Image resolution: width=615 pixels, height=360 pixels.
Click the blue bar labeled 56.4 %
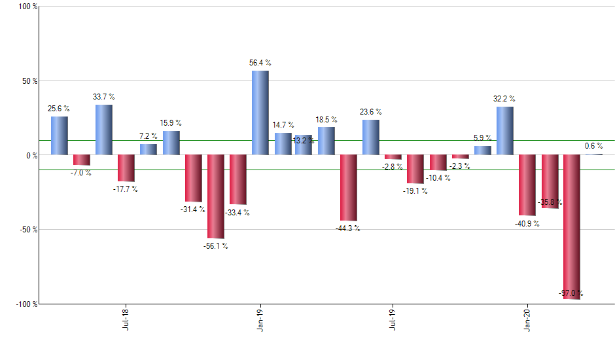coord(260,113)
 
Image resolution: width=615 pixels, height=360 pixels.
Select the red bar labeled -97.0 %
coord(571,226)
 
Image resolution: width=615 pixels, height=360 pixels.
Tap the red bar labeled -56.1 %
coord(215,196)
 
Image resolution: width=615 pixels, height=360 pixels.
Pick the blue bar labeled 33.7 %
coord(103,130)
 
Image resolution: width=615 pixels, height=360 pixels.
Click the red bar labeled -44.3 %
coord(348,188)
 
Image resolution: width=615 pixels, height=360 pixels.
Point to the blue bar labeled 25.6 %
coord(59,135)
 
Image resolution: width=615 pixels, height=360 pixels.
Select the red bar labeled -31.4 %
coord(193,178)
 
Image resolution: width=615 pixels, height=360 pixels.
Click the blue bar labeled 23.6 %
coord(370,137)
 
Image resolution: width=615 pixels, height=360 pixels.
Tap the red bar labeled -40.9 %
coord(527,185)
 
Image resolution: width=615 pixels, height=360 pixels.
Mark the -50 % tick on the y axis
coord(27,230)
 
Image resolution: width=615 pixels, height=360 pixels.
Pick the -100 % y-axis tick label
coord(25,304)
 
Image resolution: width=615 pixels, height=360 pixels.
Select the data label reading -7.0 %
coord(81,173)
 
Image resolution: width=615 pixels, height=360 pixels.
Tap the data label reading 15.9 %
coord(171,123)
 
